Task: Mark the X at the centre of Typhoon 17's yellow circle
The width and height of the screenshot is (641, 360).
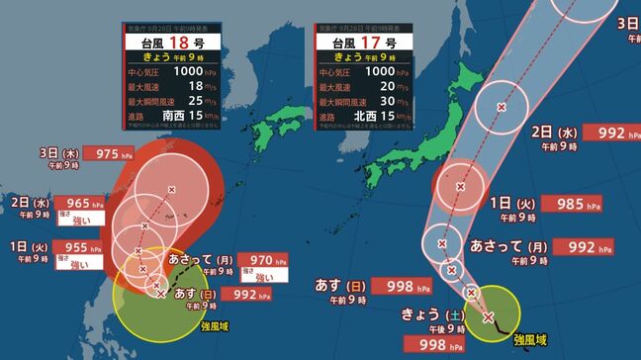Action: [x=488, y=317]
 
